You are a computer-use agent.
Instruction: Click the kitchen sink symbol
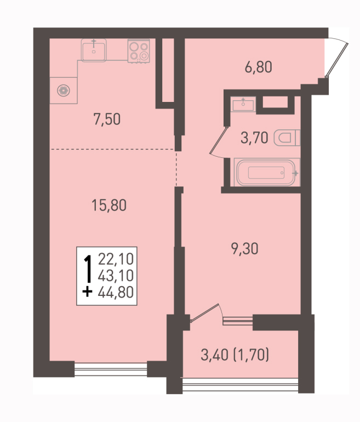94,50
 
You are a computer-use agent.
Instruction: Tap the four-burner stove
139,51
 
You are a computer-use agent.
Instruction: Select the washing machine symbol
64,90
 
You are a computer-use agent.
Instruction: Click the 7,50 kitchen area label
107,119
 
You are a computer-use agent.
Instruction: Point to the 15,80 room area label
109,205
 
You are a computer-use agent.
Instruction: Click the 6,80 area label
258,67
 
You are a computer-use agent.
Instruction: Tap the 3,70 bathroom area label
254,138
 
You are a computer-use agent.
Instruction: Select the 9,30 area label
244,248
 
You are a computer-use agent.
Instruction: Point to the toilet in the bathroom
287,138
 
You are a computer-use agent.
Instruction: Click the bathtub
267,172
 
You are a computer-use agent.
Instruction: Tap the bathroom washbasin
243,104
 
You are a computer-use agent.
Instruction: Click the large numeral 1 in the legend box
88,268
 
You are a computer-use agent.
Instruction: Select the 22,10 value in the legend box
116,259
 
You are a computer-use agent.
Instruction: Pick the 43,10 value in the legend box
116,276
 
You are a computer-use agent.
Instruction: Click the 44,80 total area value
116,292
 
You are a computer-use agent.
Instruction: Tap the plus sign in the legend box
87,292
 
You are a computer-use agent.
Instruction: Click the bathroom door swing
219,141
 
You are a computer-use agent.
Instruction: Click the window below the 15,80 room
111,369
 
